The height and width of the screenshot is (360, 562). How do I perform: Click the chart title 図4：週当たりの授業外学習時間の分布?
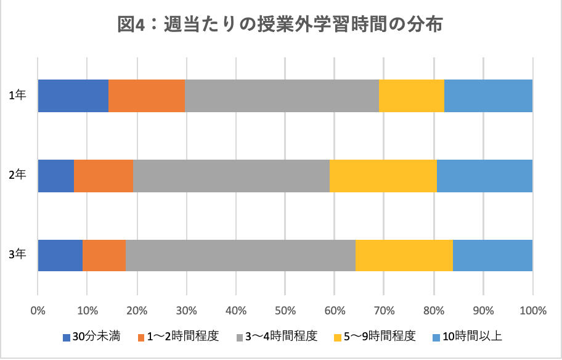[x=280, y=26]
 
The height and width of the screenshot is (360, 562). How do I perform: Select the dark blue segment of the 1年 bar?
[x=73, y=96]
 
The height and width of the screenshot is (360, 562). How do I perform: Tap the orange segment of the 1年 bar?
[x=147, y=96]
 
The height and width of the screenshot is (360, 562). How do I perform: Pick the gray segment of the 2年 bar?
[x=231, y=176]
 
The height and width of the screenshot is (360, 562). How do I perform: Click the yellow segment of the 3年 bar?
[x=404, y=255]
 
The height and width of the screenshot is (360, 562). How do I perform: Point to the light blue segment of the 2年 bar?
[x=484, y=176]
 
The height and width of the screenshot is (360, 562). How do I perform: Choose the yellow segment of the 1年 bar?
[x=412, y=96]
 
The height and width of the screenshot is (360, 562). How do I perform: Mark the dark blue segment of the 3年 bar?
[x=60, y=255]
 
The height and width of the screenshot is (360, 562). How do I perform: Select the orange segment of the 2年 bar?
[x=104, y=176]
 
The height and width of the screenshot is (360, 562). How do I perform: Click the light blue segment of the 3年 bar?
[x=492, y=255]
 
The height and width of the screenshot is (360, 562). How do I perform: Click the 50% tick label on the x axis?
[x=285, y=311]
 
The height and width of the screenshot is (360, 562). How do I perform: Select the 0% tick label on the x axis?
[x=38, y=311]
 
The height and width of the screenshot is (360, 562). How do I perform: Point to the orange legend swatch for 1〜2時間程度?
[x=142, y=337]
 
